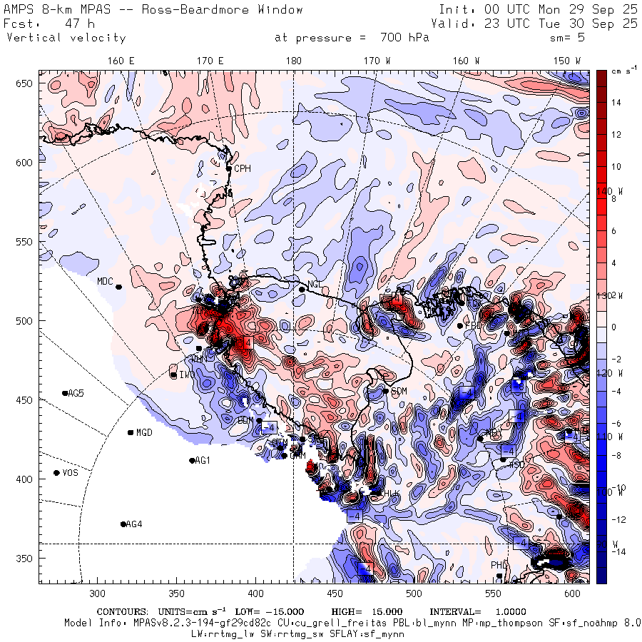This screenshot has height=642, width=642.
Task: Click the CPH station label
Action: point(243,169)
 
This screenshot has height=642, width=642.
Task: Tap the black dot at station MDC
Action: point(119,287)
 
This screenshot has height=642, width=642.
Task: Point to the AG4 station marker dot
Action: point(123,524)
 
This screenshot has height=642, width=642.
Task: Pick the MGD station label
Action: point(144,433)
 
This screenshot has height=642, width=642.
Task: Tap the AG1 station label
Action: point(203,461)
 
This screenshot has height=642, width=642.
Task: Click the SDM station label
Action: point(399,392)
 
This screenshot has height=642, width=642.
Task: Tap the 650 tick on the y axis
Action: point(26,84)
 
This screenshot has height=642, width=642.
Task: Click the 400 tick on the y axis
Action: point(26,479)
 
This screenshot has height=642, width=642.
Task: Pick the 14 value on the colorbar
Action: point(616,103)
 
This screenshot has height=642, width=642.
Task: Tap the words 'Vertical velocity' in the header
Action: point(66,38)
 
